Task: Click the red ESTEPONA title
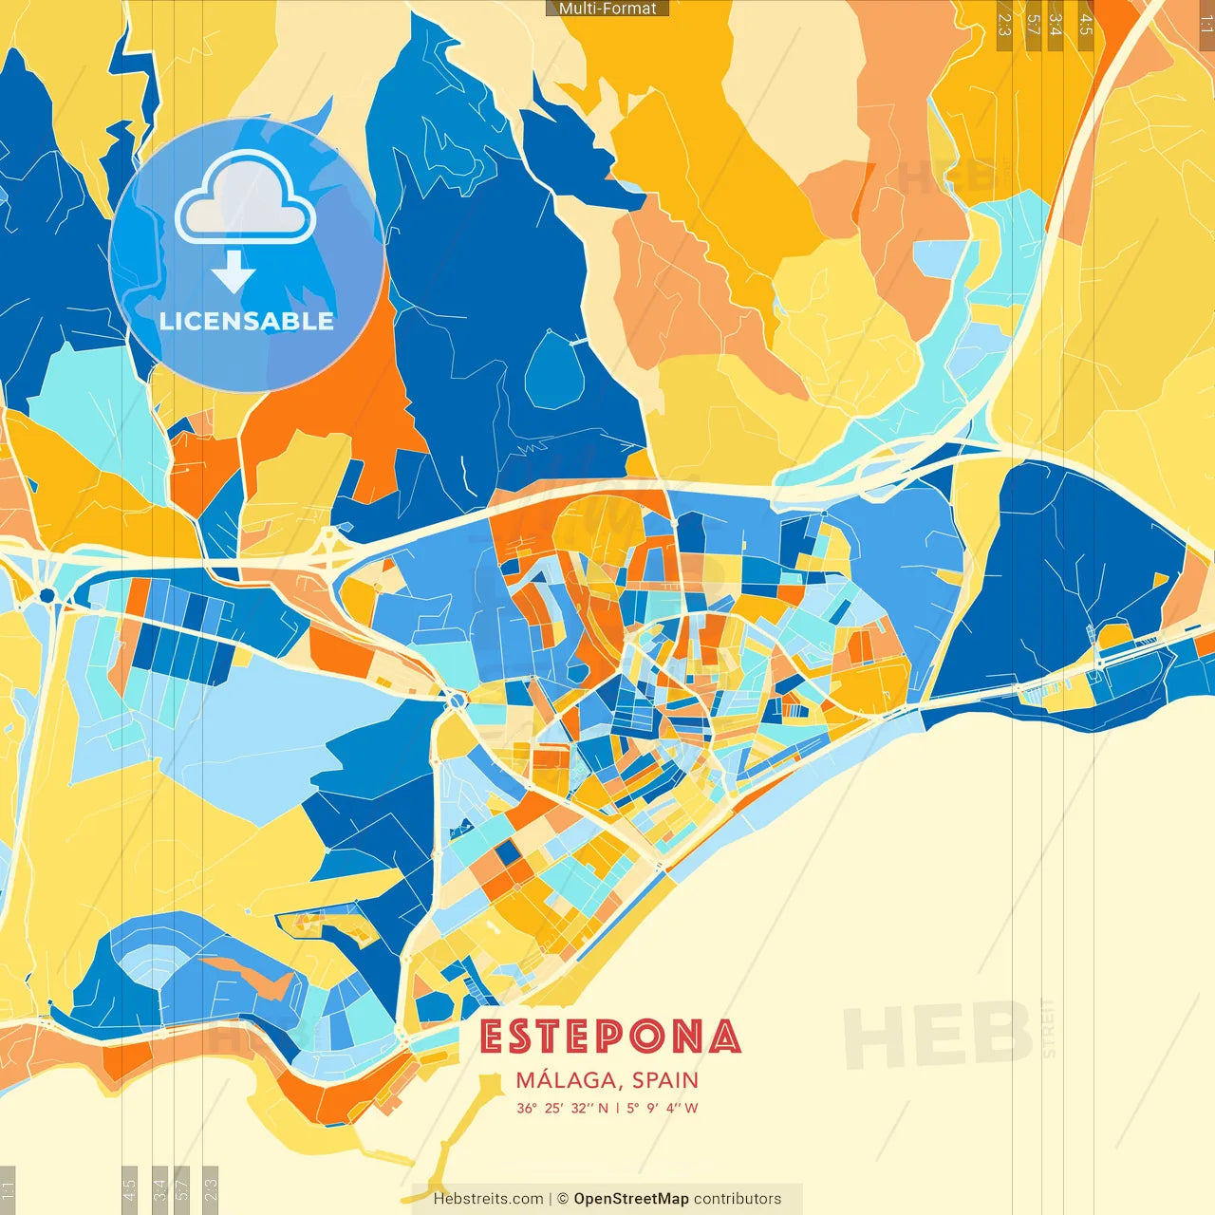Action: point(609,1037)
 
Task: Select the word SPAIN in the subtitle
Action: point(664,1080)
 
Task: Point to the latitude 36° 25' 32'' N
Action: point(563,1108)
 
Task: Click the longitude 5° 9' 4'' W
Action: point(662,1108)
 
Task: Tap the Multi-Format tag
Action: point(607,9)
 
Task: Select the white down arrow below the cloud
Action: point(234,272)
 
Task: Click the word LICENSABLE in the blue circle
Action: point(247,321)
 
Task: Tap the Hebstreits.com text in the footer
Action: point(488,1199)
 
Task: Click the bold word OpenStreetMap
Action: point(630,1199)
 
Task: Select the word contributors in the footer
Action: point(738,1199)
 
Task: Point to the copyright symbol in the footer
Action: point(562,1199)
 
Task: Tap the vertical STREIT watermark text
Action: point(1048,1027)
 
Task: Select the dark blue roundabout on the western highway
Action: point(47,595)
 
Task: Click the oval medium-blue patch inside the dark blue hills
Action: point(553,370)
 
